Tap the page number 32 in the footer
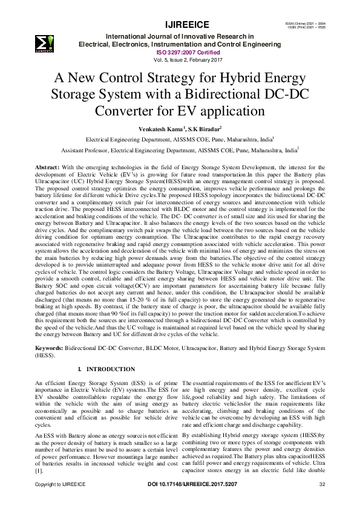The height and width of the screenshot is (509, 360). [322, 501]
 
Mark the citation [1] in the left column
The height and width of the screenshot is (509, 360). [39, 470]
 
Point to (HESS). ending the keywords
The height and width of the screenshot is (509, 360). [45, 356]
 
